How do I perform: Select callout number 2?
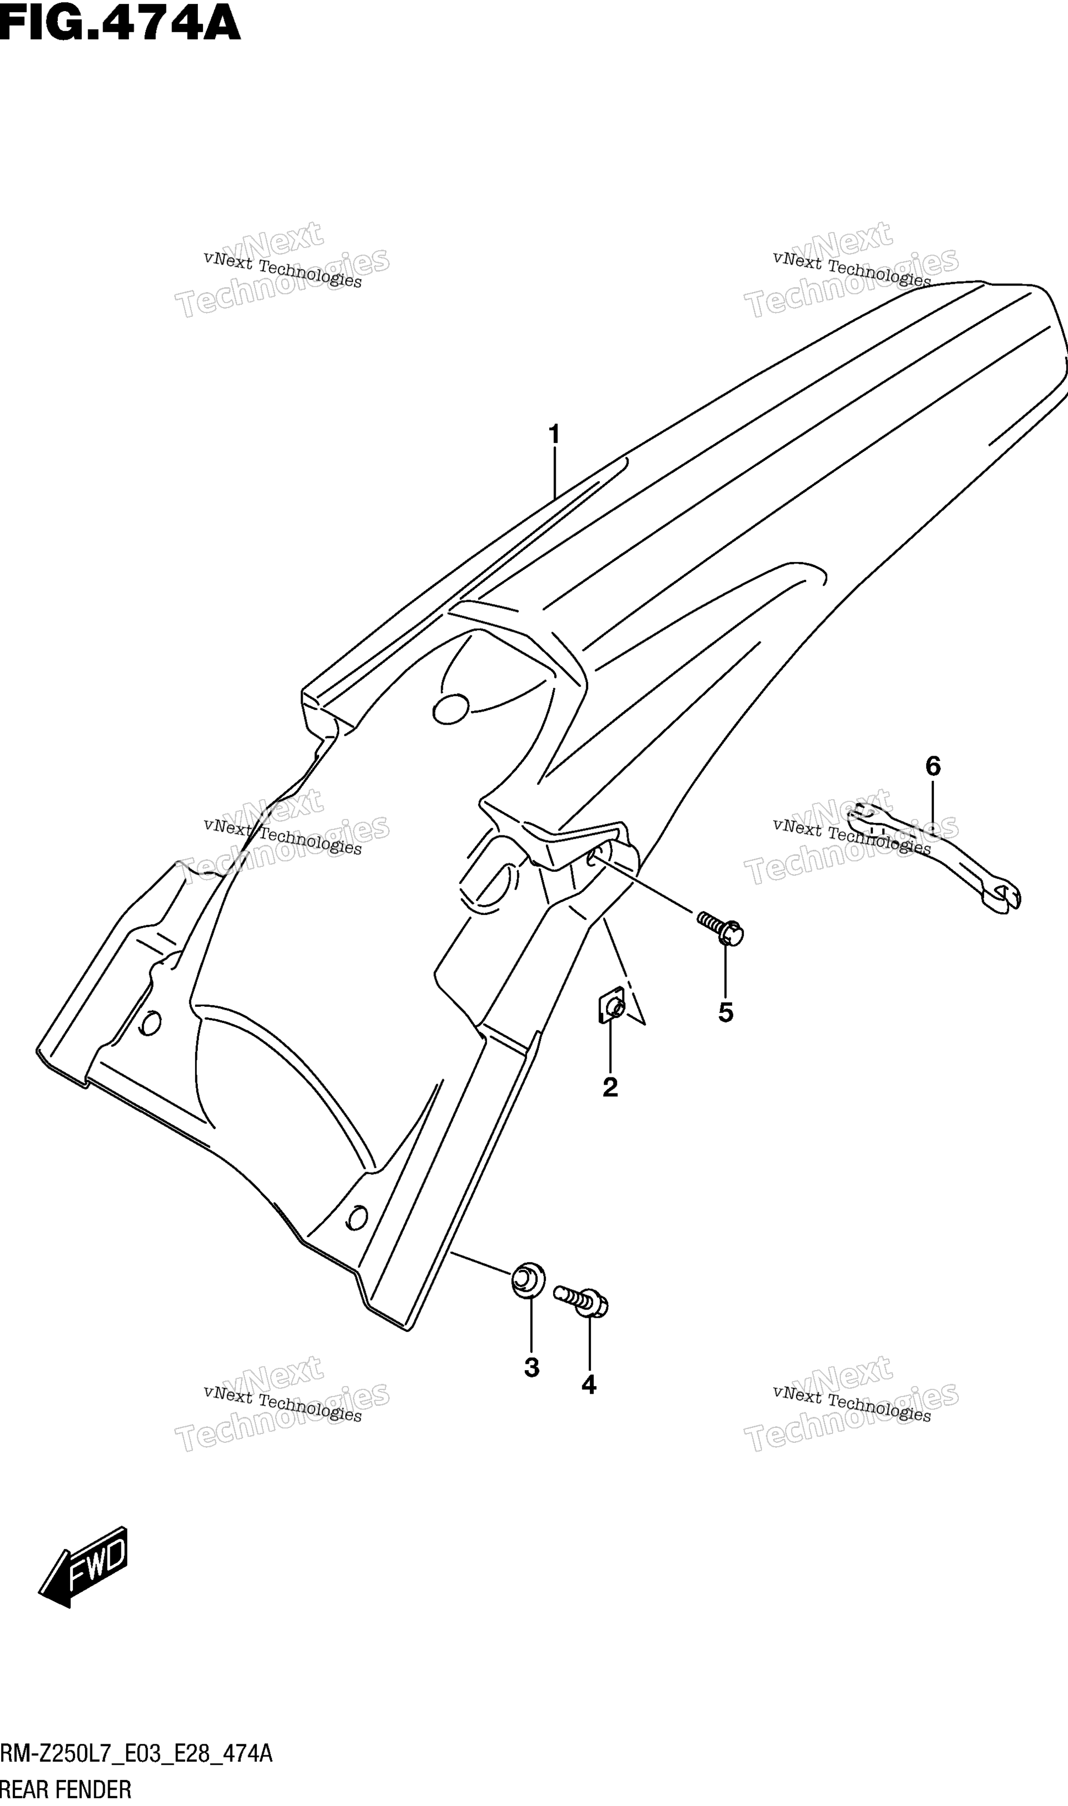(x=610, y=1087)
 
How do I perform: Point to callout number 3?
(x=532, y=1367)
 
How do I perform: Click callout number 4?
(x=589, y=1384)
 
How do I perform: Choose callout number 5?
(x=726, y=1013)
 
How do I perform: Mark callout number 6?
(x=933, y=767)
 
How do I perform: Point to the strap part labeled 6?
(x=934, y=858)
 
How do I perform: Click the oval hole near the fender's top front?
(x=451, y=708)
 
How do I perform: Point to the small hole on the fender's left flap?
(x=149, y=1023)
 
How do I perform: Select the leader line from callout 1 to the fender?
(x=554, y=473)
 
